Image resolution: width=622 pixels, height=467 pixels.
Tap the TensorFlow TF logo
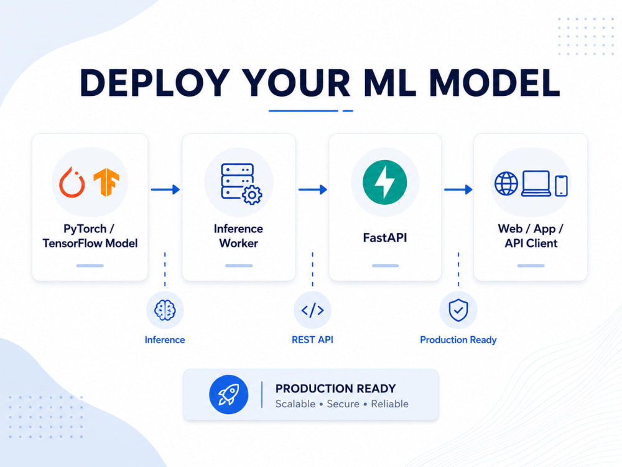click(106, 182)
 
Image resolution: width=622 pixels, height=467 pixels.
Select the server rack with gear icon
click(241, 184)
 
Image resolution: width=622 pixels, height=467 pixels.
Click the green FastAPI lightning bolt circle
click(384, 182)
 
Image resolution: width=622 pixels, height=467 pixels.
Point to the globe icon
click(506, 184)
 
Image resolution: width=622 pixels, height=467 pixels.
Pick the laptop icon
click(536, 184)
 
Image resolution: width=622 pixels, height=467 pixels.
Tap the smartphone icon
click(561, 186)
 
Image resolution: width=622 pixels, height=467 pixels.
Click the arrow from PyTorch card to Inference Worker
click(165, 189)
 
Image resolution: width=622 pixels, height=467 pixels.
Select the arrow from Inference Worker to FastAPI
click(313, 189)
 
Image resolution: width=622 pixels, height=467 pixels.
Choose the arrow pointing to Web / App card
click(458, 189)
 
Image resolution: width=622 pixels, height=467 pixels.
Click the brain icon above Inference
click(165, 310)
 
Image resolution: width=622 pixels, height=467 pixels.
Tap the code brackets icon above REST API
click(313, 310)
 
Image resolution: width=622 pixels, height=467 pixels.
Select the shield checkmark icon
click(458, 310)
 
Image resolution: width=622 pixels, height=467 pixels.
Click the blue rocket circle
click(228, 394)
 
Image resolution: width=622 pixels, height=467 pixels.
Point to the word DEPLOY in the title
click(155, 83)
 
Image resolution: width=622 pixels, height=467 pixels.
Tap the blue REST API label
click(313, 340)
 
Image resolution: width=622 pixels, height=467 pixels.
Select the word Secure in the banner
click(343, 404)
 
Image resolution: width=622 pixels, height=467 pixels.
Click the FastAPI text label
click(385, 237)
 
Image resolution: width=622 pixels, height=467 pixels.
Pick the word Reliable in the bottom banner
click(389, 404)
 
